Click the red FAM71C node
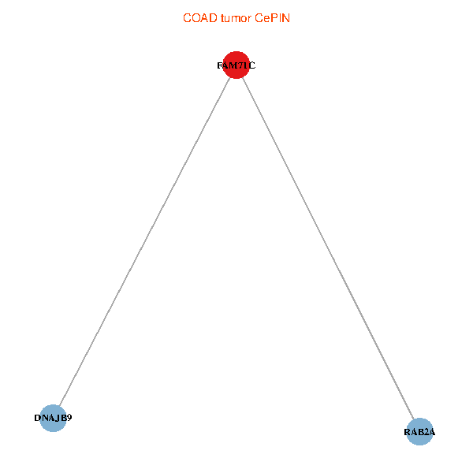236,65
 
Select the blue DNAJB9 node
53,418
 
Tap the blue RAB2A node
419,431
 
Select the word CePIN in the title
272,17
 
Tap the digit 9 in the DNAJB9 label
69,418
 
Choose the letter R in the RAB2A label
408,432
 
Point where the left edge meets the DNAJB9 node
59,406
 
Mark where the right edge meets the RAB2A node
413,419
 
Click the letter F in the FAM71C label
220,66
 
